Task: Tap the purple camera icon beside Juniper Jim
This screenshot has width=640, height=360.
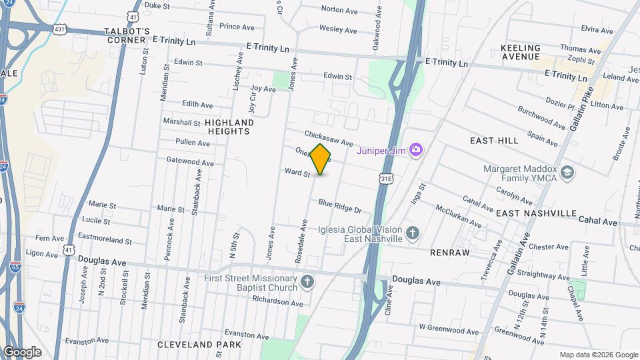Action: pos(417,149)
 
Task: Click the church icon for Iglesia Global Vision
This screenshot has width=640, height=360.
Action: pos(413,233)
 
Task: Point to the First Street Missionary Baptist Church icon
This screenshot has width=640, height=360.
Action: pos(307,282)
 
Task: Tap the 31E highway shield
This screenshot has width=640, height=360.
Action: pos(386,179)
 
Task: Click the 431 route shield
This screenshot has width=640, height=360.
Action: pos(59,29)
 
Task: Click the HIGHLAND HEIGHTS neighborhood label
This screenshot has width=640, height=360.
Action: pos(229,127)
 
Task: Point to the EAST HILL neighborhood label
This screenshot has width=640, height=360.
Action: pos(494,141)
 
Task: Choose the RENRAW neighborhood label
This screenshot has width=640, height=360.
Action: pos(450,253)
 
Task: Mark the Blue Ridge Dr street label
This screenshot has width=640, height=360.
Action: pos(339,206)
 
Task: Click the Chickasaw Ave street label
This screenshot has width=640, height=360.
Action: pos(329,138)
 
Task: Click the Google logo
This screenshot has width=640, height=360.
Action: pos(22,351)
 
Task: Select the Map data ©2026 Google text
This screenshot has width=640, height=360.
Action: pos(598,355)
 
